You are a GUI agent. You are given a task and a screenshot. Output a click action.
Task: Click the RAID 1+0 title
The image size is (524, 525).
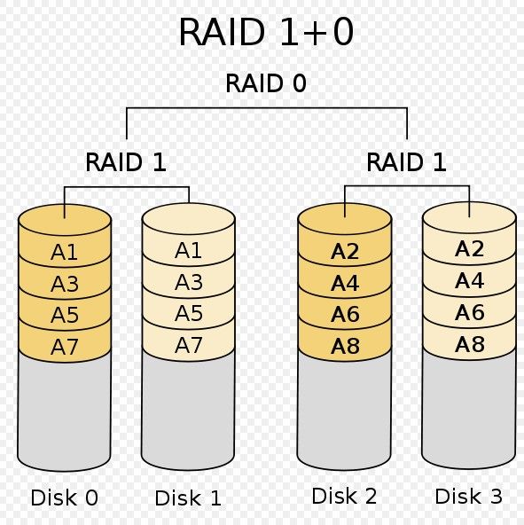(x=266, y=32)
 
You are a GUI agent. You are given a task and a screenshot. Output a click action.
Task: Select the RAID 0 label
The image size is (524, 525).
(x=266, y=83)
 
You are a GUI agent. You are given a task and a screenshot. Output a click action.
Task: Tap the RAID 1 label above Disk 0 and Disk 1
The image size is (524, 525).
(x=126, y=162)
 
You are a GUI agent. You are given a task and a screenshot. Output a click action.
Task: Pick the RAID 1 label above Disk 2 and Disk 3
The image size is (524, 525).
(x=406, y=162)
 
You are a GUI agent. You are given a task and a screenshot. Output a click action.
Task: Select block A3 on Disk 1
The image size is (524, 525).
(x=189, y=282)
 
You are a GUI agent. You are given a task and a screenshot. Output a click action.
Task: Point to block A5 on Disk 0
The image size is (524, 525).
(x=65, y=315)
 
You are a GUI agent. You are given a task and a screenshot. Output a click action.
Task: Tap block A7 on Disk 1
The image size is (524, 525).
(x=189, y=345)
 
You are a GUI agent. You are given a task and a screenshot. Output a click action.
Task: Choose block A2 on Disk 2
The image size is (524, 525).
(x=345, y=251)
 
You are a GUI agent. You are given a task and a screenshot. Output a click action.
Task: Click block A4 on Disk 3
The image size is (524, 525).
(x=469, y=280)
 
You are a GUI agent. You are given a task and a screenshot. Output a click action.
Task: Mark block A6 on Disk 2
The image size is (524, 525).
(x=345, y=314)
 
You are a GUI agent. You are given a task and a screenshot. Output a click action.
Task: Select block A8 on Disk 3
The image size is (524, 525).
(x=469, y=344)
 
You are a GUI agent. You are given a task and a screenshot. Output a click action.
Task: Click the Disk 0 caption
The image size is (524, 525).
(x=65, y=498)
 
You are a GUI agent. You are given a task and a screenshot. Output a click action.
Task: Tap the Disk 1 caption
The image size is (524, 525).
(x=188, y=498)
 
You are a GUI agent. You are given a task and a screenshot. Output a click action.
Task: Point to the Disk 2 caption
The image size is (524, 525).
(x=344, y=496)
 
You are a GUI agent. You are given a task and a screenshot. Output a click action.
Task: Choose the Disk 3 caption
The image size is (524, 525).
(x=469, y=497)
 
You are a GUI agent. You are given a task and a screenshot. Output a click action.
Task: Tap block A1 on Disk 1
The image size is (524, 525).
(x=189, y=250)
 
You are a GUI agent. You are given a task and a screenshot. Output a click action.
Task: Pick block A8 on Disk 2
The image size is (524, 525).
(x=345, y=346)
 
